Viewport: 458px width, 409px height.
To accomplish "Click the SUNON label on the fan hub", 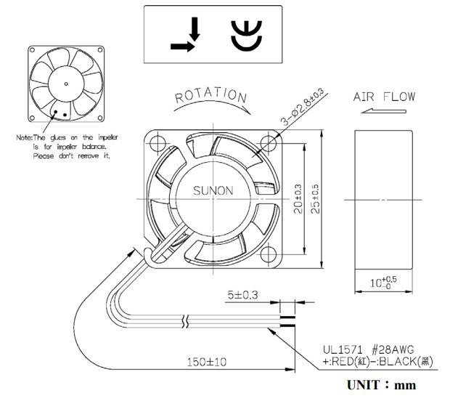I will pyautogui.click(x=213, y=192).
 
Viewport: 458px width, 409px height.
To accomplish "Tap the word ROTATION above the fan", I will pyautogui.click(x=211, y=95).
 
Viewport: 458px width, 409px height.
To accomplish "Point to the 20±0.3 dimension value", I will pyautogui.click(x=298, y=198).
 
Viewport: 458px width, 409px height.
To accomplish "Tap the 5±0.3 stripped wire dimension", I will pyautogui.click(x=239, y=296).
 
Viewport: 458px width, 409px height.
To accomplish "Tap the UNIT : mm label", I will pyautogui.click(x=381, y=385).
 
